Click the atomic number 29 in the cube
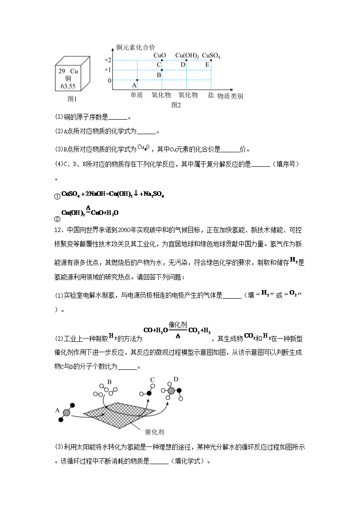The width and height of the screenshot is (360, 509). coord(62,72)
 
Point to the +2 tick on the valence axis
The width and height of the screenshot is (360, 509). coord(107,60)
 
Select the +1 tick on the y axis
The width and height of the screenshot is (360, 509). coord(107,70)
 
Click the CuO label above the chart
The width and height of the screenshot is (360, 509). coord(160,55)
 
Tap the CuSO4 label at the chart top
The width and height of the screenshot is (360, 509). coord(211,55)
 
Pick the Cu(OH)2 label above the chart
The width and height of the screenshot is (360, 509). coord(187,55)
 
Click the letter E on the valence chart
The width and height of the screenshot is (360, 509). coord(207,64)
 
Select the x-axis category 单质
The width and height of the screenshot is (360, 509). coord(136,95)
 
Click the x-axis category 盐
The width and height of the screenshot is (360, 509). coord(211,95)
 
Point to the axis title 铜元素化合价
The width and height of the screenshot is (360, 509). coord(136,47)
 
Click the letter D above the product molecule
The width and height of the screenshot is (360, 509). coord(176,379)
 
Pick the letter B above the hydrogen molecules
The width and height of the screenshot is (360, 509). coord(109,382)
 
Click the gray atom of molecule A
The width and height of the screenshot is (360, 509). coord(67,412)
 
